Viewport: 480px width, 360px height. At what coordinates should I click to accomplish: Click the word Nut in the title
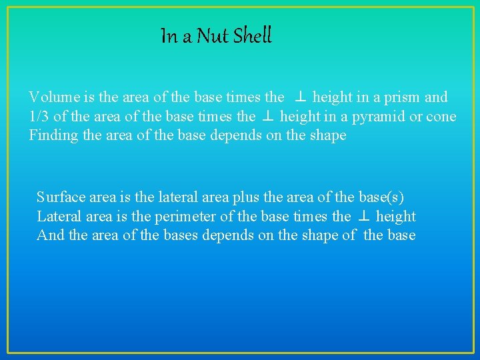coord(213,36)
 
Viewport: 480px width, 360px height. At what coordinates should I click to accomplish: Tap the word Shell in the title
coord(252,36)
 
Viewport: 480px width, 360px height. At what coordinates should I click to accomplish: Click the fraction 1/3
coord(39,117)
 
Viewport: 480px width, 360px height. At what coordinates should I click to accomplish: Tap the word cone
coord(441,117)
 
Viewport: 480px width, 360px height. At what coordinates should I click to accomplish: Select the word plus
coord(247,197)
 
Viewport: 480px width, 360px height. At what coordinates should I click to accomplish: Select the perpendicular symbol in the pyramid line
coord(268,117)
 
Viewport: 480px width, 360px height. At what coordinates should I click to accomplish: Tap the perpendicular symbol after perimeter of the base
coord(363,217)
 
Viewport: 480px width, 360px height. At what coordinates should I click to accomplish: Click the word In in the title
coord(168,36)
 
